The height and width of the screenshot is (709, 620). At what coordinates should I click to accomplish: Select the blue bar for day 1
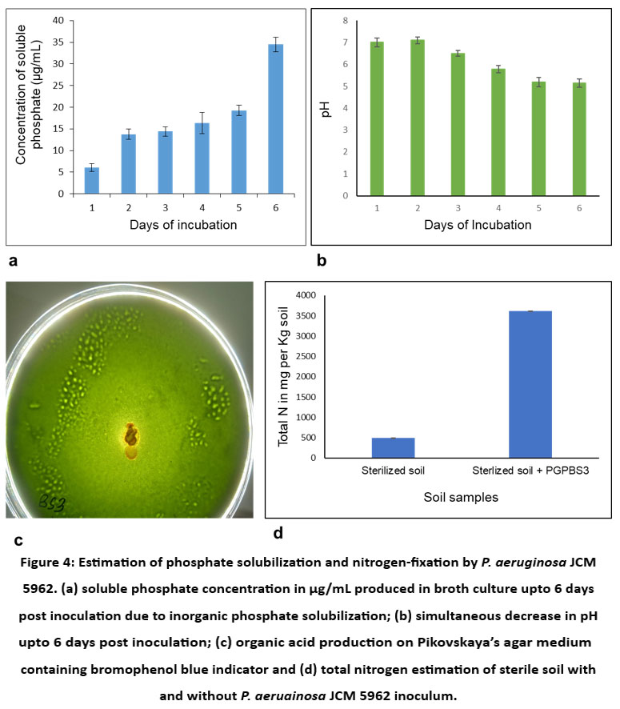91,181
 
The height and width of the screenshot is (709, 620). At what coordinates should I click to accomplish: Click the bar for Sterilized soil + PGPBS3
530,384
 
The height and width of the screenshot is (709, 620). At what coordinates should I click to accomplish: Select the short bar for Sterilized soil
392,448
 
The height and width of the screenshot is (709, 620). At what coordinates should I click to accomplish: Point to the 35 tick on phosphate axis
61,42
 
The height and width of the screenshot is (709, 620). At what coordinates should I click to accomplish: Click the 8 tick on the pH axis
344,21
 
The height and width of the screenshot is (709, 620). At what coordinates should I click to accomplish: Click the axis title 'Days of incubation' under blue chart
183,225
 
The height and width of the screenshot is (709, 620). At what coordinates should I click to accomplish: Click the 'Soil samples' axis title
460,497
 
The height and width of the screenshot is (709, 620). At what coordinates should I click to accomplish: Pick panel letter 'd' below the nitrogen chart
277,531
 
